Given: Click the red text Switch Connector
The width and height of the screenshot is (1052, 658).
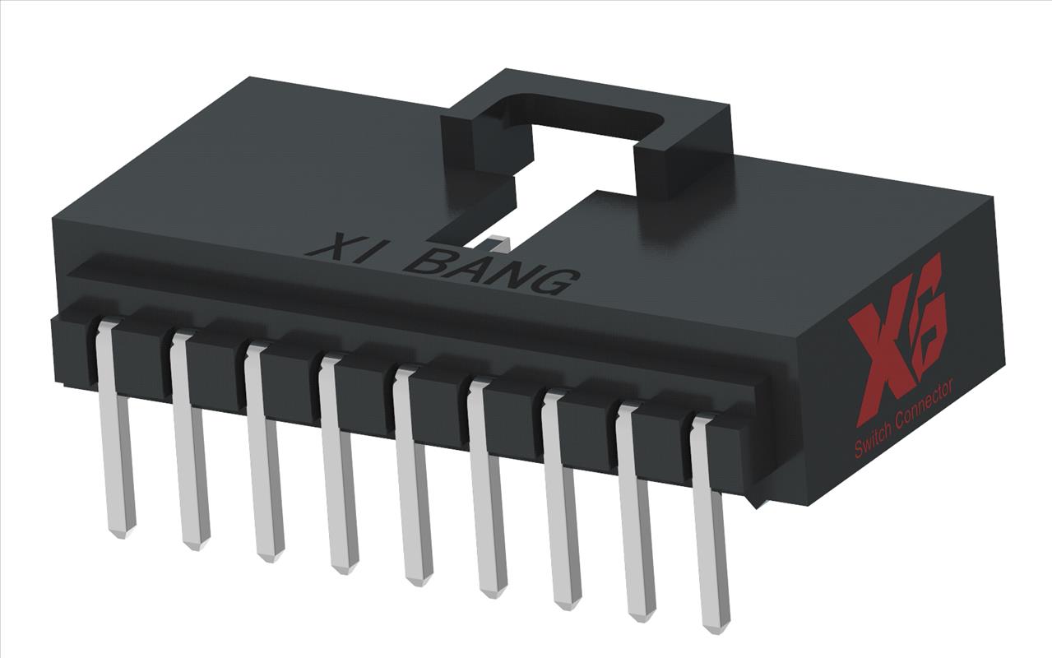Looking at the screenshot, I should tap(903, 420).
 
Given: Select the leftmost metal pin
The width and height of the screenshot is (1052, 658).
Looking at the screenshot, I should tap(114, 436).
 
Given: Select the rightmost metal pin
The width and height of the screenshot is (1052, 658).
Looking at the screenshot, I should tap(710, 526).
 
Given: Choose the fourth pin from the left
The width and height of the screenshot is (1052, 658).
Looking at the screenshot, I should tap(338, 469).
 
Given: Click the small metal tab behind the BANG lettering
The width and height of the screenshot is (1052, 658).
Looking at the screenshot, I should tap(498, 241).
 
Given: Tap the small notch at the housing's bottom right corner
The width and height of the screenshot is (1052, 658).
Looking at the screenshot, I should tap(755, 501).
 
